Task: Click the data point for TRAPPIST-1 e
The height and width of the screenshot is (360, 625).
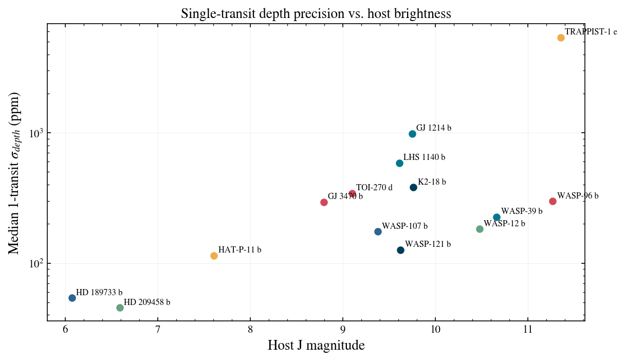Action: click(x=561, y=38)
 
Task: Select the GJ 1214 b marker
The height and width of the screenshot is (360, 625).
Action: click(x=412, y=134)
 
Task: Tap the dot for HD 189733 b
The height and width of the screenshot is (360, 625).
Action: click(x=72, y=298)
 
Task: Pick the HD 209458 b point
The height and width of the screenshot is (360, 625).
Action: click(x=120, y=308)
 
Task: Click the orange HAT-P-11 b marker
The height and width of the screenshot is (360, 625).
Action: click(x=214, y=256)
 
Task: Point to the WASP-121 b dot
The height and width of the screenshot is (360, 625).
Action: click(x=401, y=250)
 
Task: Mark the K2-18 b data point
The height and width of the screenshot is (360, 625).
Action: click(x=414, y=187)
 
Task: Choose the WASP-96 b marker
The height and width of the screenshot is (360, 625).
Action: click(x=553, y=202)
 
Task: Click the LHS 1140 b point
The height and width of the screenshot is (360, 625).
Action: click(x=399, y=164)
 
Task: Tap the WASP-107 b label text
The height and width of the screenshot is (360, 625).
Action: click(x=405, y=226)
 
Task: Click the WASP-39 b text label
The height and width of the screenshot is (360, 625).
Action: click(x=522, y=211)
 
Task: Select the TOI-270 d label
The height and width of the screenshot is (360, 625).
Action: click(x=374, y=187)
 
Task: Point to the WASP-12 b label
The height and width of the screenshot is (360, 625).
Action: click(x=504, y=223)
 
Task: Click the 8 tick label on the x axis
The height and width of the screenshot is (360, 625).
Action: click(x=250, y=330)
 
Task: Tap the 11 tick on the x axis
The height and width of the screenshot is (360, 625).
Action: click(x=528, y=330)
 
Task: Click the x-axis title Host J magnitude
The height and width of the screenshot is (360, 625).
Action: click(x=316, y=346)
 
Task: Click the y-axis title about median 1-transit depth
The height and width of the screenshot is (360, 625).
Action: click(x=14, y=173)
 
